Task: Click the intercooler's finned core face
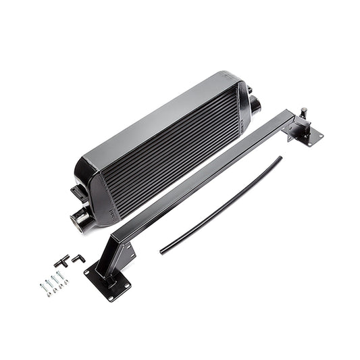click(176, 155)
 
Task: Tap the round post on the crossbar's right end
click(303, 112)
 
